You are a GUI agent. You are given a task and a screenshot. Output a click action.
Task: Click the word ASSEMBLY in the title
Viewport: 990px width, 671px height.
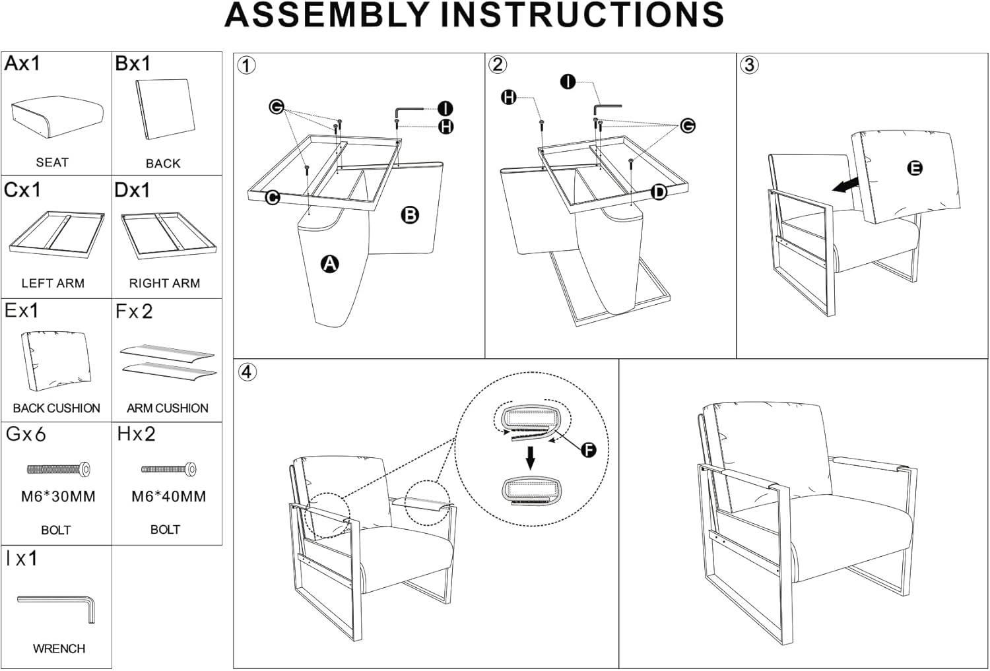click(x=328, y=16)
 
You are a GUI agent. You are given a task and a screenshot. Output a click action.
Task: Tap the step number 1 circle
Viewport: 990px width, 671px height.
click(x=246, y=65)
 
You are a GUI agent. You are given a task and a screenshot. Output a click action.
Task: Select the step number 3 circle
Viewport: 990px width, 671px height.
click(x=748, y=65)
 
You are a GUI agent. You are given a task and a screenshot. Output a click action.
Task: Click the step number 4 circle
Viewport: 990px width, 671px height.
click(x=246, y=371)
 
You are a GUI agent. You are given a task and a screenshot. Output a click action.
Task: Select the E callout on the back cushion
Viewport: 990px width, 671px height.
click(x=915, y=168)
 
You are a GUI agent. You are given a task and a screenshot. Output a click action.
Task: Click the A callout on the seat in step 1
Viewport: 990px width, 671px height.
click(x=329, y=265)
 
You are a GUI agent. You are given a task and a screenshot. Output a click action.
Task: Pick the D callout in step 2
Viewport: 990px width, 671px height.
click(x=659, y=192)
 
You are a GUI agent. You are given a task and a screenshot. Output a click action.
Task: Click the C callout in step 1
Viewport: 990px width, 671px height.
click(x=273, y=197)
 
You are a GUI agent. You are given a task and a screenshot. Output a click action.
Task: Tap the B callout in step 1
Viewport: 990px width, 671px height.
click(x=410, y=214)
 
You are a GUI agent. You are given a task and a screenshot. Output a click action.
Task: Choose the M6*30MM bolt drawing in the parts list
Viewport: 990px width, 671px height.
click(x=58, y=470)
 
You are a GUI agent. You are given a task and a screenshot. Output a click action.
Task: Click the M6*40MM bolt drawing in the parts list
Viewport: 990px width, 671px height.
click(x=168, y=470)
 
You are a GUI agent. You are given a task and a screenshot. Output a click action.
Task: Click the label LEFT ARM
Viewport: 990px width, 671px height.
click(x=53, y=283)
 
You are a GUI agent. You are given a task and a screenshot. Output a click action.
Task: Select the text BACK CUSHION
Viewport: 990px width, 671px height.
click(x=57, y=408)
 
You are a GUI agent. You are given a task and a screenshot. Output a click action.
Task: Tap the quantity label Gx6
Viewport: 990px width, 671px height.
click(x=26, y=434)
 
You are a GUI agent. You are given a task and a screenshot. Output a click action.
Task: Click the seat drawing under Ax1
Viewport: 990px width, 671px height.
click(x=57, y=117)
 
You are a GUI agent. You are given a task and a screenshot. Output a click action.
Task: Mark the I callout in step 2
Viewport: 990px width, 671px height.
click(x=568, y=82)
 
